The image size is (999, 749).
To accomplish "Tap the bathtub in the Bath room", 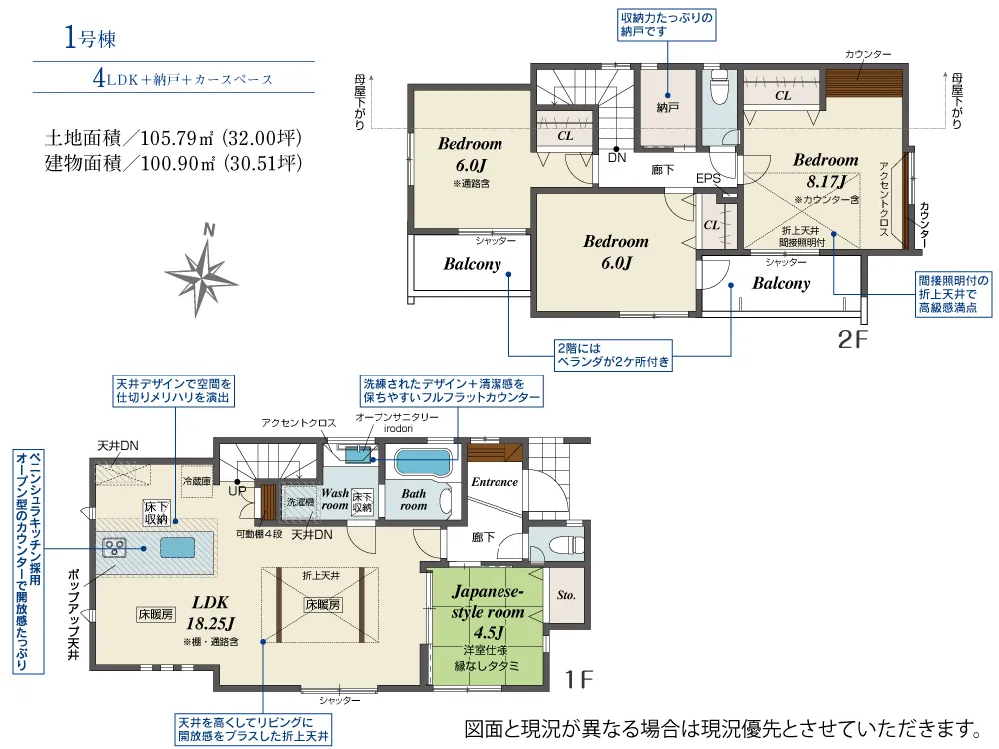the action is click(x=423, y=463).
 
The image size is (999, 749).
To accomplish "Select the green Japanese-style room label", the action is click(x=488, y=611).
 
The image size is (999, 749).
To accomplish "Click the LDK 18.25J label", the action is click(x=210, y=613).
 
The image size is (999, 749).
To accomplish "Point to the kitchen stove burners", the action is click(x=115, y=547).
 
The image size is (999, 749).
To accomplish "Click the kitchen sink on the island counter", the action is click(x=177, y=547).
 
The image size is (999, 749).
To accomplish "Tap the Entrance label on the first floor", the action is click(x=495, y=482).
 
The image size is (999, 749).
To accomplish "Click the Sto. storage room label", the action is click(x=566, y=595).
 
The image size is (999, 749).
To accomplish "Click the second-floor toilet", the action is click(x=719, y=86).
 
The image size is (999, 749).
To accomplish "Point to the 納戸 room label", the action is click(x=667, y=108).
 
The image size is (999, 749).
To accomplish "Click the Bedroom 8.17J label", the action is click(x=826, y=170).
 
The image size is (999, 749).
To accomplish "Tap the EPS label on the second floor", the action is click(x=708, y=179).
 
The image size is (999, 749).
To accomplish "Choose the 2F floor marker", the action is click(x=852, y=340).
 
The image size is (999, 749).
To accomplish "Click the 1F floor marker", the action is click(x=579, y=679).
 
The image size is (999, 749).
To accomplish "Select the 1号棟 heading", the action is click(x=90, y=38).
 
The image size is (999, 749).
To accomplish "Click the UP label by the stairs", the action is click(x=237, y=491).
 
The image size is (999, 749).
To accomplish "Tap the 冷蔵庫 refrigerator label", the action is click(x=196, y=481).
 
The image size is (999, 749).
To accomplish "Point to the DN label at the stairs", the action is click(x=617, y=158).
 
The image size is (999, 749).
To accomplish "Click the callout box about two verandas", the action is click(x=614, y=355).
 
